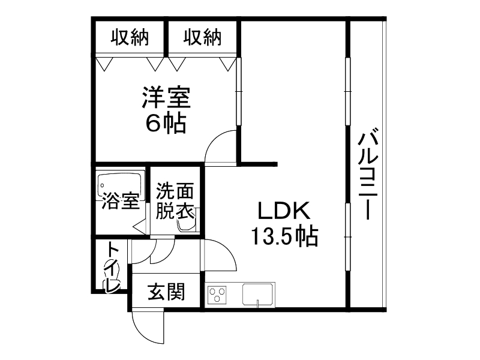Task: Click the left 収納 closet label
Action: click(x=128, y=38)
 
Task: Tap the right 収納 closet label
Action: click(x=202, y=38)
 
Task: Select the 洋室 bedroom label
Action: click(x=166, y=97)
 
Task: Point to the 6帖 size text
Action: click(x=166, y=123)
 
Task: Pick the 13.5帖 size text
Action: click(x=284, y=238)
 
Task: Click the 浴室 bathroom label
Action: click(x=120, y=202)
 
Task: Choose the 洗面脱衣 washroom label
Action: click(x=175, y=201)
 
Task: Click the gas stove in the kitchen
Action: click(x=217, y=295)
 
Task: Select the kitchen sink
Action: click(x=257, y=295)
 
